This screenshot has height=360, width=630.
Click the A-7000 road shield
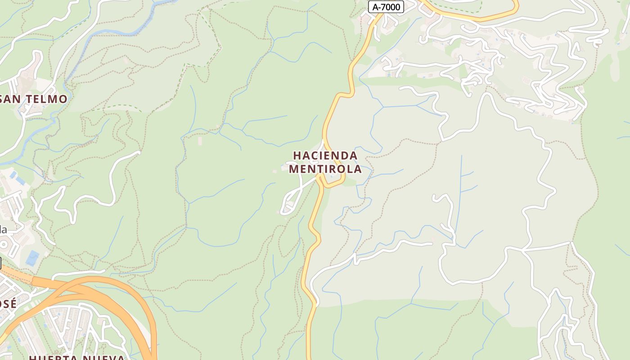386,7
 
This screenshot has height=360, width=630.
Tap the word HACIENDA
325,156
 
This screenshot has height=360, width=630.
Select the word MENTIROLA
325,169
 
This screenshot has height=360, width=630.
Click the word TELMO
46,99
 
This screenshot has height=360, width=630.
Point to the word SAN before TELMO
11,99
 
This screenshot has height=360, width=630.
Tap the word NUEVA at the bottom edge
103,357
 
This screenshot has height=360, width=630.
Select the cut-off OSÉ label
8,304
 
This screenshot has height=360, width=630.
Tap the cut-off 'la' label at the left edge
3,229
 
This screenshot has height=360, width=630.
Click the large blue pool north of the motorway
32,258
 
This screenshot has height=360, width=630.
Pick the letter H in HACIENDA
297,156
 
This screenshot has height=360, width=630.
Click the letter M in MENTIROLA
294,169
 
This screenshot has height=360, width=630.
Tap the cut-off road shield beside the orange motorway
0,263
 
